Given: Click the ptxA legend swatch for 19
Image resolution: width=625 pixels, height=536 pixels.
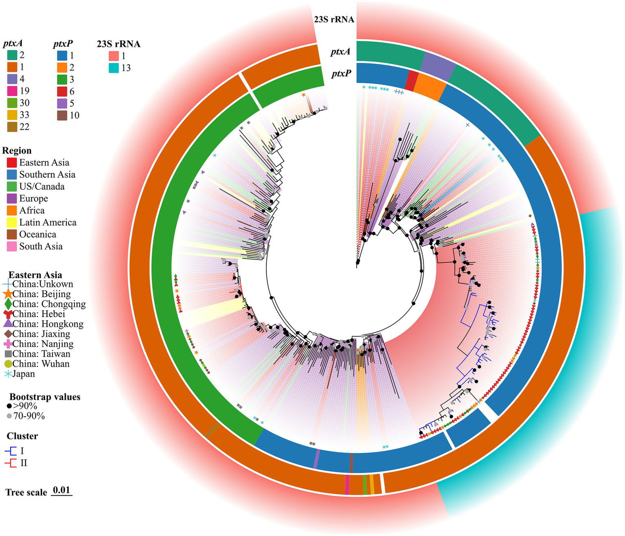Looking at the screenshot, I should pos(12,91).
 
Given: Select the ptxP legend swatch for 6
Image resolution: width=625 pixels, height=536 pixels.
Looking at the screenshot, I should pos(62,91).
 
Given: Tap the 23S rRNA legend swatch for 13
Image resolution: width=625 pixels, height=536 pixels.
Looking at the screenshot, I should pos(114,68).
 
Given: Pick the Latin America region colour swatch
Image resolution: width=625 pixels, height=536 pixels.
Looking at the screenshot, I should pos(12,222).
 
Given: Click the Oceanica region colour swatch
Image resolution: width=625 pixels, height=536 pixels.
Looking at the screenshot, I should pos(12,235).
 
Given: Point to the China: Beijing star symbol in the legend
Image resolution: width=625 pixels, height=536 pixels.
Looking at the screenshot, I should pos(8,294).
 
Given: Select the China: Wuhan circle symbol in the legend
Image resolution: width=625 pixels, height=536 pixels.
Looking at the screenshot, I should pos(8,364).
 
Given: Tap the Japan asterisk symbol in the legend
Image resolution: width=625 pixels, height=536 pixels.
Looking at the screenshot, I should pos(8,374).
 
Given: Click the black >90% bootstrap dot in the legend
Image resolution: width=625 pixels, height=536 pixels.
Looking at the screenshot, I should pos(9,406).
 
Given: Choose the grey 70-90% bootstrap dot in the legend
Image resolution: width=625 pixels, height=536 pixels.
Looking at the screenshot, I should pos(9,416).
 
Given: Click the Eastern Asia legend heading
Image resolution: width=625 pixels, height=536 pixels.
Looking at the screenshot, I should pos(35,275).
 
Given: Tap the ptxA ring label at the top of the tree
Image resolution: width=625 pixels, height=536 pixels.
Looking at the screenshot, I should pos(340,52).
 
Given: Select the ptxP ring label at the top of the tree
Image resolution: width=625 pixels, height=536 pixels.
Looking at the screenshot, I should pos(341,74).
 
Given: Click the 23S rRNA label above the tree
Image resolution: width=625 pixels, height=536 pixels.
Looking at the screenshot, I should pos(334,19).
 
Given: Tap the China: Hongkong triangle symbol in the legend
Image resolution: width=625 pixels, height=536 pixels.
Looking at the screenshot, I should pos(8,324).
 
